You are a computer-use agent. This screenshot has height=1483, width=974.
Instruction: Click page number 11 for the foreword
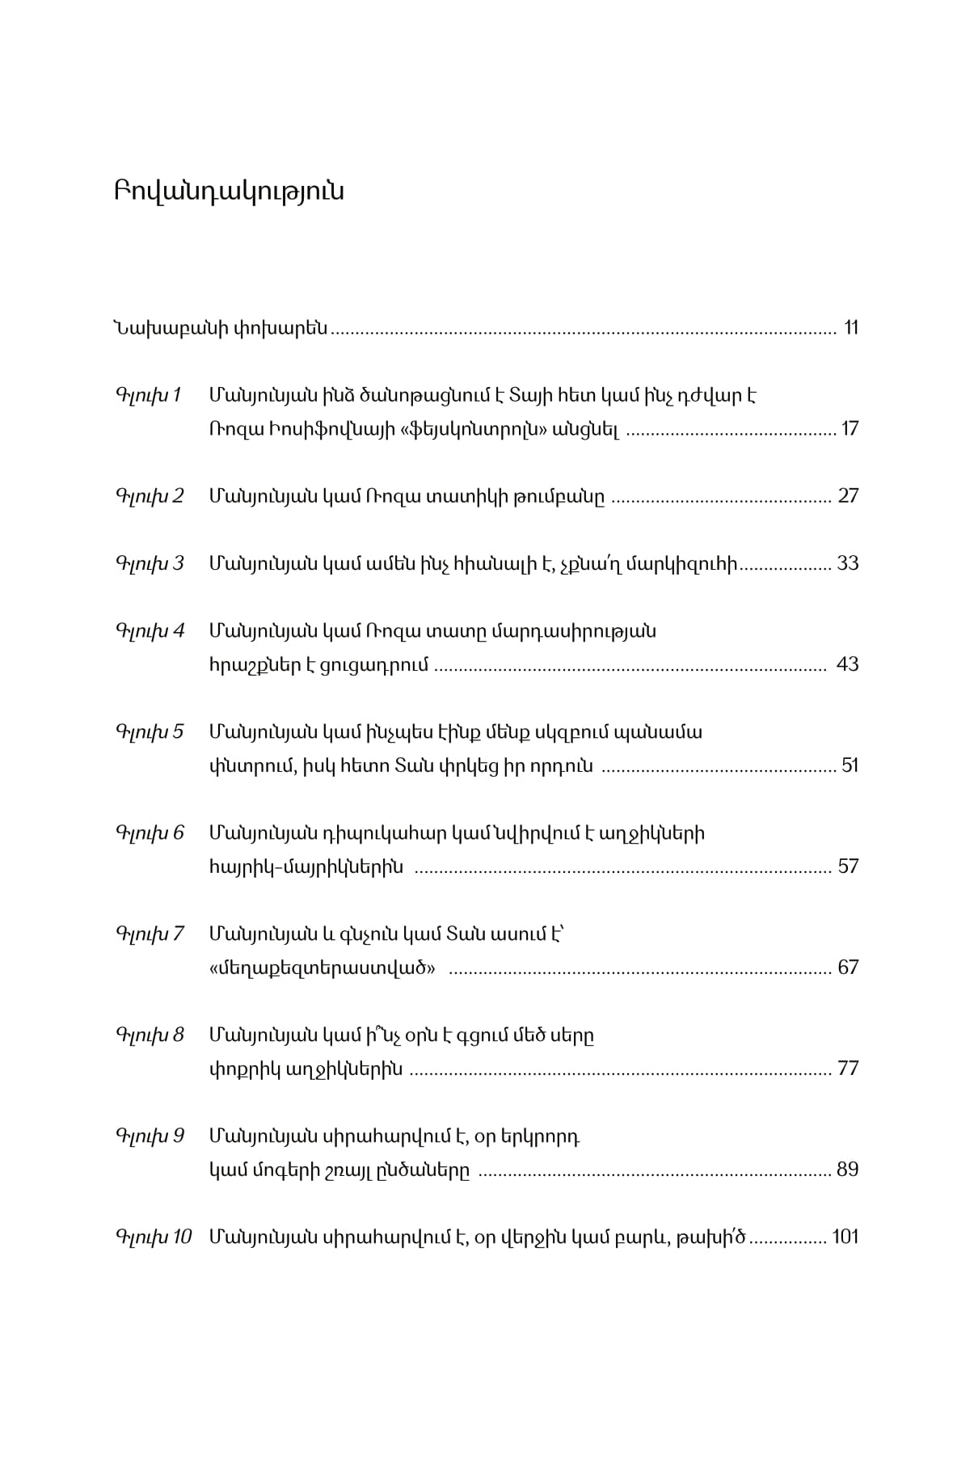(850, 328)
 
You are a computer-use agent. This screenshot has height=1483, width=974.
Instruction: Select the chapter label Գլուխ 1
(150, 396)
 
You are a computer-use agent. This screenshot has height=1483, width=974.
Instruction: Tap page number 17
(850, 429)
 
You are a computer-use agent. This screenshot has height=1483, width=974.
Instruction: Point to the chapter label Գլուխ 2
(150, 496)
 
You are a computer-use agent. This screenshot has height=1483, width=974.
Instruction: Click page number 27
(848, 496)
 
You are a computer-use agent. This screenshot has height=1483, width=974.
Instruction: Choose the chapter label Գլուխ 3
(150, 563)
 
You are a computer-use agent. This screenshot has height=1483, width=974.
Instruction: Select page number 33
(848, 563)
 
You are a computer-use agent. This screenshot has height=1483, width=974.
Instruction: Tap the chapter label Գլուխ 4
(150, 631)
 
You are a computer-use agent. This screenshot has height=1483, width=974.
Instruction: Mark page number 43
(848, 664)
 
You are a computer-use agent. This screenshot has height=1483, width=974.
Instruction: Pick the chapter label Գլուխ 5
(150, 732)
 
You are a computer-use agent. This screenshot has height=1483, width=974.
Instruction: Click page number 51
(850, 765)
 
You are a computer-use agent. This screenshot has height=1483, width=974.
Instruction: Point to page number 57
(848, 866)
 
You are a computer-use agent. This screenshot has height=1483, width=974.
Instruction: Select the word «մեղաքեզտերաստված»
(322, 967)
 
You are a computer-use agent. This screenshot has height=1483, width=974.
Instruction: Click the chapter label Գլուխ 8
(150, 1035)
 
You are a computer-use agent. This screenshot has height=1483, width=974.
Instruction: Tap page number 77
(848, 1068)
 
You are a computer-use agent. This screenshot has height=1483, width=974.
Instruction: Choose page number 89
(848, 1169)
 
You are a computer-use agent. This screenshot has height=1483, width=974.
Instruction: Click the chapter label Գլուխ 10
(154, 1237)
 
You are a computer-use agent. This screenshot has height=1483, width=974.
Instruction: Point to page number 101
(845, 1237)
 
